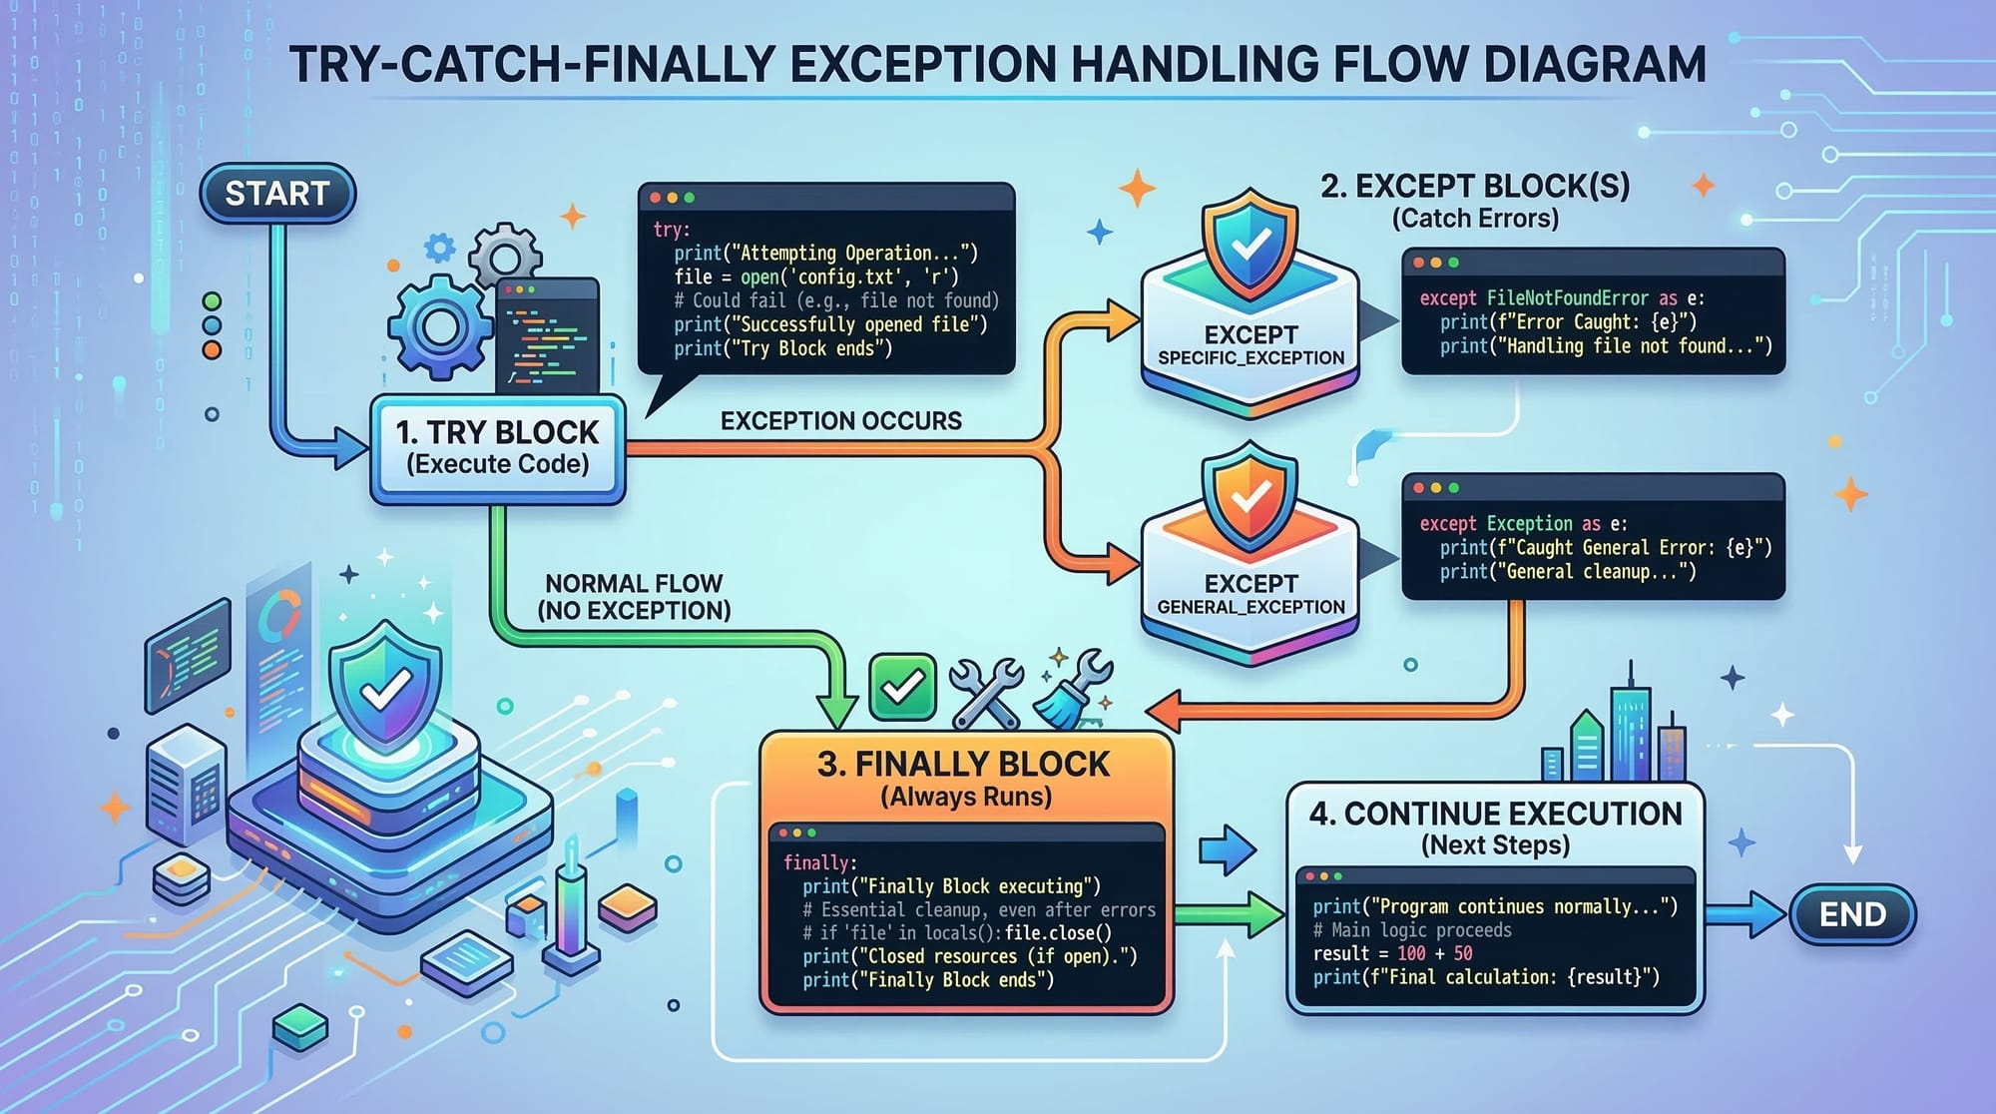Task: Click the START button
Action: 277,194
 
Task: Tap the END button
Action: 1852,914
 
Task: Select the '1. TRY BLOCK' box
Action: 498,448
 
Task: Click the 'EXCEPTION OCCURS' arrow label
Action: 841,421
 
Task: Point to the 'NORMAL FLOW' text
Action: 634,584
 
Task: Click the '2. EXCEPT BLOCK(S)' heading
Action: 1475,187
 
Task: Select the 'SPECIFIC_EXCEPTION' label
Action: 1250,358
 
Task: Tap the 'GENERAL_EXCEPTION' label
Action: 1250,607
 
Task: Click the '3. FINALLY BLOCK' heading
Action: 963,765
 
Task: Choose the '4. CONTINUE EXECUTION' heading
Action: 1495,814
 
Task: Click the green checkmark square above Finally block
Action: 902,687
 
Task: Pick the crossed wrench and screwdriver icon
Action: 986,692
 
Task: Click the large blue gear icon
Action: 440,326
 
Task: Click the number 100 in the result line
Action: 1411,953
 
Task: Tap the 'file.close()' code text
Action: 1058,933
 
